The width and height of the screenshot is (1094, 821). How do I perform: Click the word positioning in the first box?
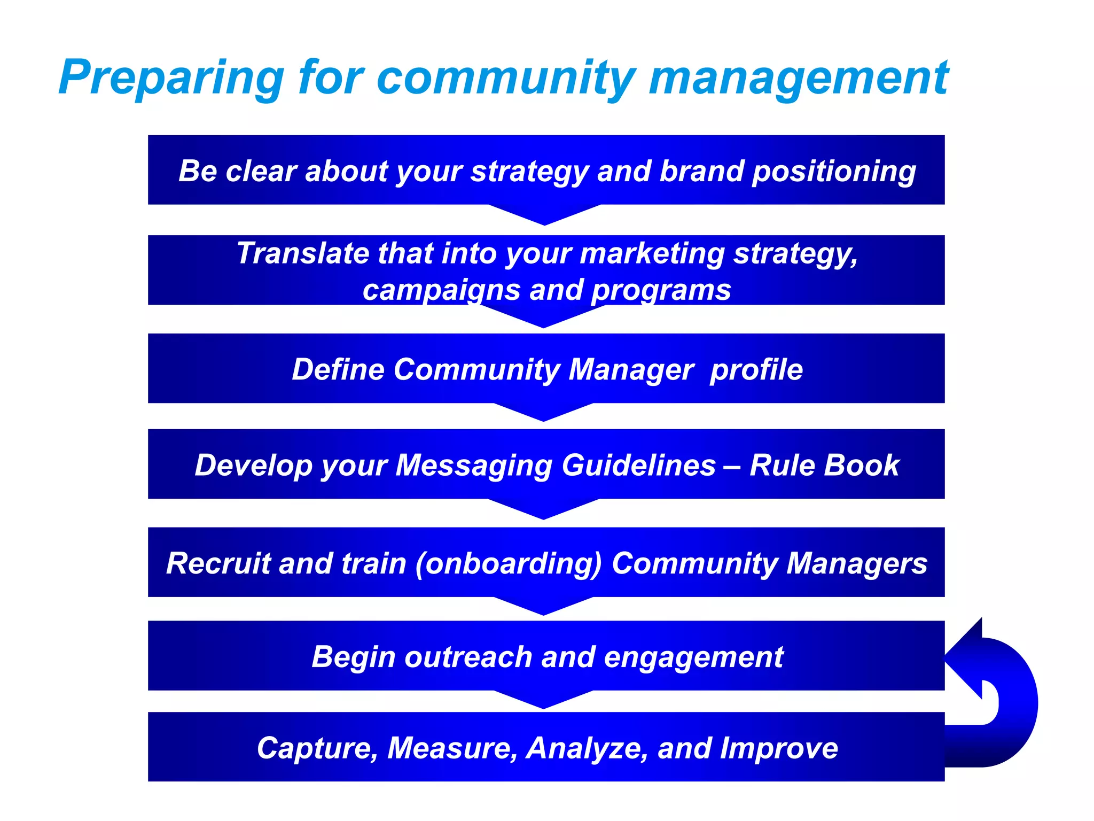click(833, 172)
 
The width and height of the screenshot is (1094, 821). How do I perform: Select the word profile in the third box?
click(756, 370)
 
